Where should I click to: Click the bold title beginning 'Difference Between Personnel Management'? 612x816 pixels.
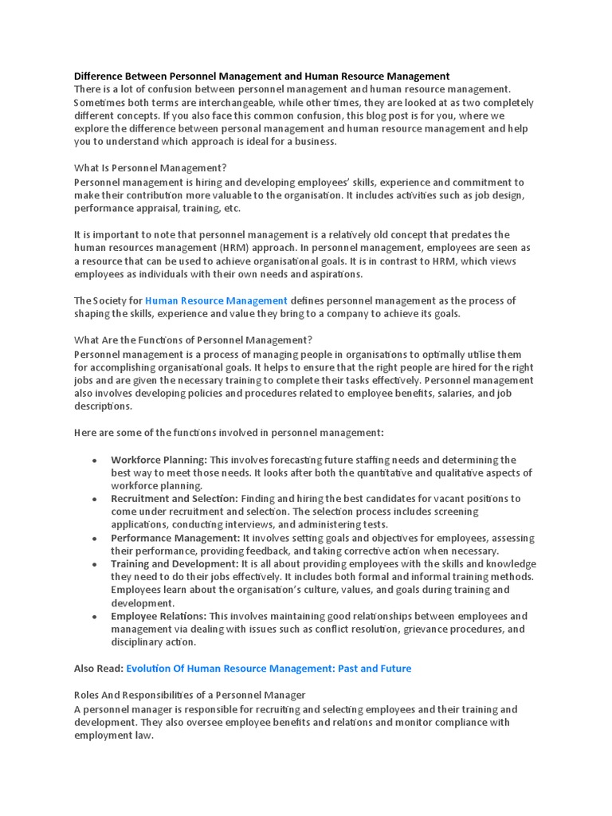pos(261,76)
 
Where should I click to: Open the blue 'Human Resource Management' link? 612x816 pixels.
pos(216,300)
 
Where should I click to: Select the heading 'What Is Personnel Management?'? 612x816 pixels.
pos(151,168)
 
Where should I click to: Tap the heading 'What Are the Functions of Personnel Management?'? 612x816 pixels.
pos(193,340)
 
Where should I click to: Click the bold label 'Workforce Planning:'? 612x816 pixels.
pos(159,460)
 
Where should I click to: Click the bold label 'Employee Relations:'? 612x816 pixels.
pos(159,616)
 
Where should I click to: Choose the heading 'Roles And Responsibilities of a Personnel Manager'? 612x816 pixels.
pos(190,695)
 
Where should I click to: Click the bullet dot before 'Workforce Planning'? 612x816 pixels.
pos(95,461)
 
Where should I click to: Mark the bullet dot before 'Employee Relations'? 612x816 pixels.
pos(95,617)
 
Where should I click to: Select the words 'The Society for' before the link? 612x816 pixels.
pos(108,300)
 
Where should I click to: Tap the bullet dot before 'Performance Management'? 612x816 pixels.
pos(95,539)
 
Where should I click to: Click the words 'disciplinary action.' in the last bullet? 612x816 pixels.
pos(153,642)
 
